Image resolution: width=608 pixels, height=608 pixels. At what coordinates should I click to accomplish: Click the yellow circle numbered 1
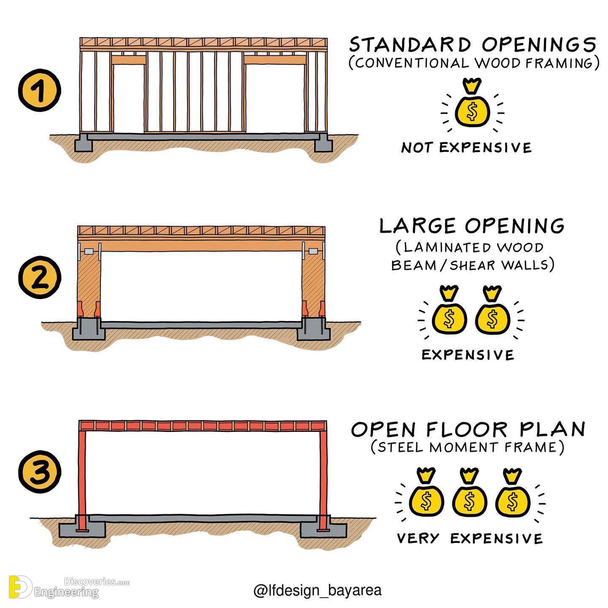(39, 90)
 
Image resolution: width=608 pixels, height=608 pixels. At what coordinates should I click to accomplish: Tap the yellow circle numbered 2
(39, 277)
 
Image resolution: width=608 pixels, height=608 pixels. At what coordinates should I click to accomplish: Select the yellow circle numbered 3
(39, 472)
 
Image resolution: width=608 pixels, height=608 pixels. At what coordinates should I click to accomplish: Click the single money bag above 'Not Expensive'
(472, 103)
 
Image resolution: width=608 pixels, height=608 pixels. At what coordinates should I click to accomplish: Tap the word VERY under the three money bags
(418, 538)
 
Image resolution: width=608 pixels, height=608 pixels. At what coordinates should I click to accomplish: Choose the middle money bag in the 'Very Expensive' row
(470, 494)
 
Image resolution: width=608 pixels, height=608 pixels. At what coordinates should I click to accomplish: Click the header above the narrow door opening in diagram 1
(129, 60)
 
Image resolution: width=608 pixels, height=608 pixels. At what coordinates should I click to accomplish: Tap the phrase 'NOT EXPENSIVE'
(466, 148)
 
